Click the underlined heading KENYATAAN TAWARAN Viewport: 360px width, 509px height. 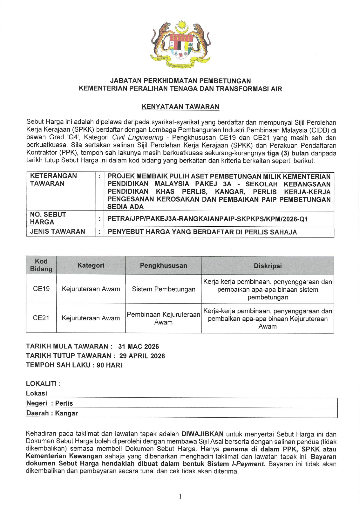pyautogui.click(x=180, y=107)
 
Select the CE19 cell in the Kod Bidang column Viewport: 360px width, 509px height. pyautogui.click(x=41, y=289)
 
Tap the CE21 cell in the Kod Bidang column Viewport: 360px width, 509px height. pyautogui.click(x=41, y=318)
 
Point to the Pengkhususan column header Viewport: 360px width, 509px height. pyautogui.click(x=163, y=266)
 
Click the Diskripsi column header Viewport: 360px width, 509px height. pyautogui.click(x=267, y=266)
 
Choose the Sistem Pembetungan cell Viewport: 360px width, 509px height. pyautogui.click(x=163, y=289)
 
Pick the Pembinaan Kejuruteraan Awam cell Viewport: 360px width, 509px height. pyautogui.click(x=163, y=318)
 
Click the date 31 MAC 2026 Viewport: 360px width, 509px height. pyautogui.click(x=138, y=346)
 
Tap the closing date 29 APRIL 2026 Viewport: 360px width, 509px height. pyautogui.click(x=142, y=356)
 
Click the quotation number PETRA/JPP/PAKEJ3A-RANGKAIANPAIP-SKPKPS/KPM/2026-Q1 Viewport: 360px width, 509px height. pyautogui.click(x=207, y=219)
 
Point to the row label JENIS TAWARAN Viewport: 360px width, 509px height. pyautogui.click(x=57, y=232)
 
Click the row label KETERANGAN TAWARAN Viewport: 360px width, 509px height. pyautogui.click(x=53, y=180)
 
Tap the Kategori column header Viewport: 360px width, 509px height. pyautogui.click(x=91, y=265)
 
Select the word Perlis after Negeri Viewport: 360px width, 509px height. pyautogui.click(x=64, y=403)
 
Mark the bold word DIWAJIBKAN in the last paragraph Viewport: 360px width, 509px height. pyautogui.click(x=202, y=434)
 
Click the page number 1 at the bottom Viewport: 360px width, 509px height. pyautogui.click(x=180, y=497)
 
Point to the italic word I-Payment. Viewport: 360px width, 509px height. pyautogui.click(x=248, y=464)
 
